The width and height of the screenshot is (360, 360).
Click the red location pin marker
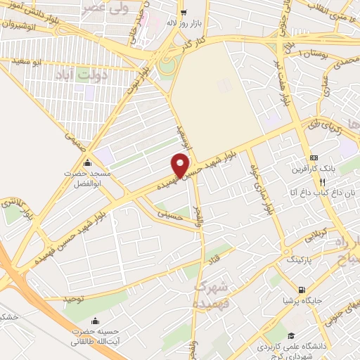coord(181,165)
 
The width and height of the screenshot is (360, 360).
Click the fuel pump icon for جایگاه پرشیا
coord(302,289)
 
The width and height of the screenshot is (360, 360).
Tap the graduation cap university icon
coord(291,335)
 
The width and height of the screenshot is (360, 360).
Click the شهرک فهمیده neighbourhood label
coord(213,294)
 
